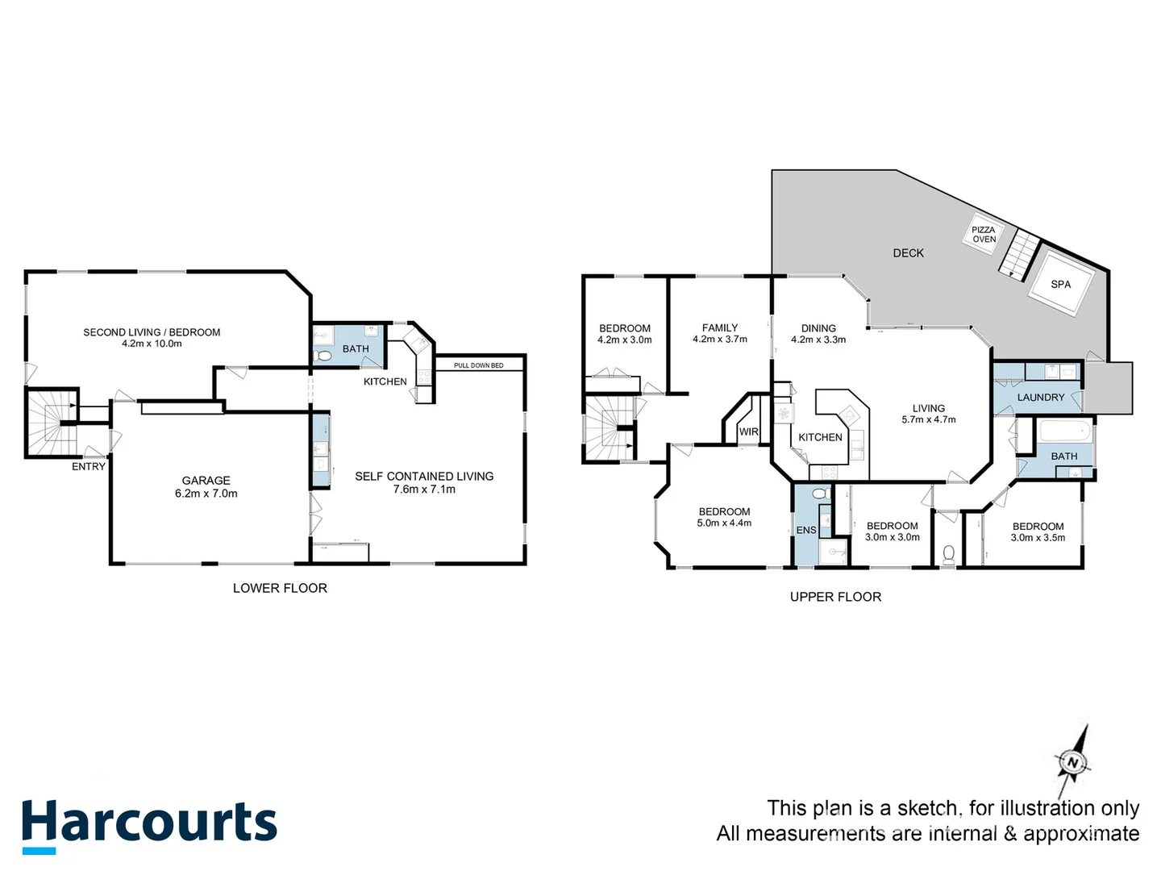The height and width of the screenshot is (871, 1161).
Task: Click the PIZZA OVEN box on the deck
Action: click(x=984, y=235)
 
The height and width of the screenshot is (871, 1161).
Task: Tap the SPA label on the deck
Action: click(x=1060, y=285)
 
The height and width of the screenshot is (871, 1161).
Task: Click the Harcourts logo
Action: click(x=149, y=825)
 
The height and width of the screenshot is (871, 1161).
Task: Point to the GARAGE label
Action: click(x=206, y=481)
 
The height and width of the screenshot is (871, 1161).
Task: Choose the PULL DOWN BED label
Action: click(x=478, y=365)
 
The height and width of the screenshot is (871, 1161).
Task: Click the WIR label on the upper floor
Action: click(x=749, y=432)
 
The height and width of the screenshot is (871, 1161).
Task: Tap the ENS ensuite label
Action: click(x=806, y=530)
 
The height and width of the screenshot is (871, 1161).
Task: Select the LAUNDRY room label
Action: click(x=1040, y=398)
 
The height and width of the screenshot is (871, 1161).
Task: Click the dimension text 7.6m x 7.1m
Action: click(x=424, y=490)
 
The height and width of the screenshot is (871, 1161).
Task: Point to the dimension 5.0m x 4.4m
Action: click(x=724, y=523)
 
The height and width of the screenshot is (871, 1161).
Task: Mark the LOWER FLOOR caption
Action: click(x=280, y=589)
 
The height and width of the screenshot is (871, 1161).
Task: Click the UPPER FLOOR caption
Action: click(x=835, y=597)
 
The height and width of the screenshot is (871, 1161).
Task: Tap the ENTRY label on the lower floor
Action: click(x=89, y=467)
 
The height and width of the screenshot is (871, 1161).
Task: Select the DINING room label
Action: click(x=818, y=328)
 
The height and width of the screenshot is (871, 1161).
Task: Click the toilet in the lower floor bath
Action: click(x=324, y=356)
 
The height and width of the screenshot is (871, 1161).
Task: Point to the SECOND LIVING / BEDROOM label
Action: click(x=152, y=332)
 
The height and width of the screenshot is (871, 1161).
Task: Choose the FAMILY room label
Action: click(x=720, y=328)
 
